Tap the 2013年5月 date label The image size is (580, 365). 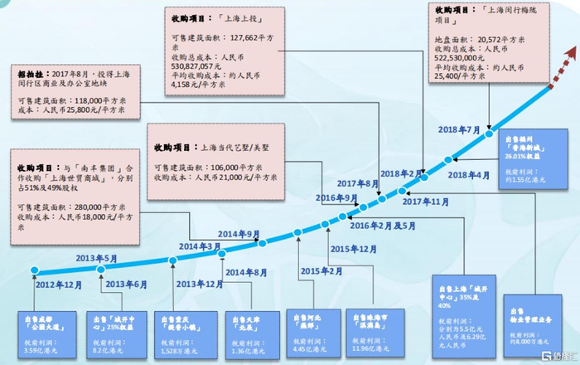[x=85, y=257]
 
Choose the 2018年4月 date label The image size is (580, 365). [x=470, y=175]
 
